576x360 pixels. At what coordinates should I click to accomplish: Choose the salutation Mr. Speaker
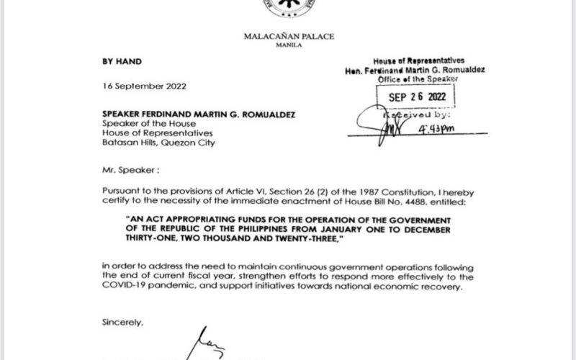click(x=128, y=173)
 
